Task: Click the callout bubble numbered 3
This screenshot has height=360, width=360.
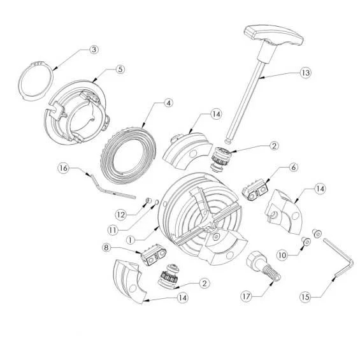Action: click(x=94, y=50)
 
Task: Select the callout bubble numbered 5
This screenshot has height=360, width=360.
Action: click(x=120, y=69)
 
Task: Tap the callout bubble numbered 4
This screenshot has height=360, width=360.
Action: click(x=168, y=103)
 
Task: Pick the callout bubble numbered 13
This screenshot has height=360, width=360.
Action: click(x=305, y=73)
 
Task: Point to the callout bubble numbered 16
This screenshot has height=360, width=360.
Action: click(x=63, y=168)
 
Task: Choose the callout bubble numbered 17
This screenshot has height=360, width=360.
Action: click(x=246, y=296)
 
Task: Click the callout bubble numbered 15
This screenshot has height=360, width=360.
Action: click(x=305, y=297)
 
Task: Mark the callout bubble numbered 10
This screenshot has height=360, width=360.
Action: click(x=282, y=255)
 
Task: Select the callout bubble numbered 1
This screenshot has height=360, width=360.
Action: click(x=131, y=240)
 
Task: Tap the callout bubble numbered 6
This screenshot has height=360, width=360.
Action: click(x=294, y=168)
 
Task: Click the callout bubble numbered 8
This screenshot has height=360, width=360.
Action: click(x=106, y=247)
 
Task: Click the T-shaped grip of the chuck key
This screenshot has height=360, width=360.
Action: click(x=274, y=37)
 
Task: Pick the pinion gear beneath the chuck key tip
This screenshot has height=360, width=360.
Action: click(x=220, y=159)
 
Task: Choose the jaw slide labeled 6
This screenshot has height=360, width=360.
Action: click(x=255, y=189)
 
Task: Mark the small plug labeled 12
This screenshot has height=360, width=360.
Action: click(x=148, y=201)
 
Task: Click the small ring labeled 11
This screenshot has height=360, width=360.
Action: click(x=157, y=202)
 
